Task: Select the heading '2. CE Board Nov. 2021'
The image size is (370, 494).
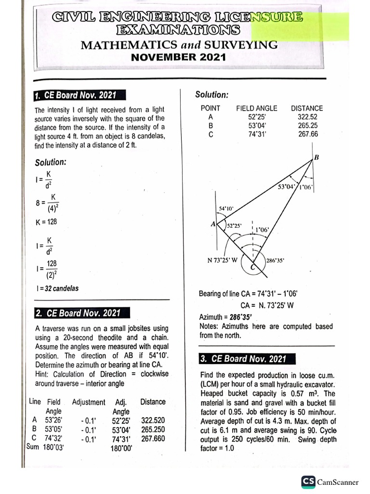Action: [x=77, y=313]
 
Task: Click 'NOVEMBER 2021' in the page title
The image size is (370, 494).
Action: [x=179, y=57]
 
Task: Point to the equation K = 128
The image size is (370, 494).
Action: [x=46, y=222]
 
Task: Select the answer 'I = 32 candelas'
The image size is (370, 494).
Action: [x=56, y=288]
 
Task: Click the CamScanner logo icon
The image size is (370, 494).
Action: [x=308, y=481]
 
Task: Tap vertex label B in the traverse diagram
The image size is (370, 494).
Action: [x=317, y=157]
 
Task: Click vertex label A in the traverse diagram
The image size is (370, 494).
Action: [x=213, y=224]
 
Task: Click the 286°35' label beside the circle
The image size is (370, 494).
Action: [x=276, y=260]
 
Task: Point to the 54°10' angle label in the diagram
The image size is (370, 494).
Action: [x=226, y=208]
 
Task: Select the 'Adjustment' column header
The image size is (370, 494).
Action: [x=88, y=402]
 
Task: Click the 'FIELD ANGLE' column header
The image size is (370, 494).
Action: [x=256, y=109]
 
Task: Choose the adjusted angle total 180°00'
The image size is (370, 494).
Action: [x=121, y=448]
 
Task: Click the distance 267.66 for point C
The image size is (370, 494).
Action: [x=308, y=134]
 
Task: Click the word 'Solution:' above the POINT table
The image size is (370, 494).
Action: [x=211, y=95]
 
